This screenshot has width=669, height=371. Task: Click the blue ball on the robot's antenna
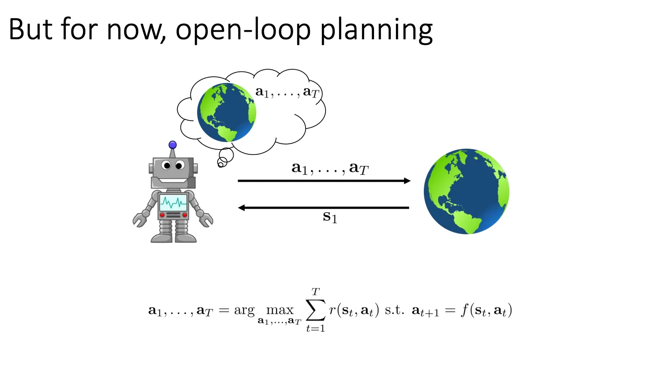point(172,145)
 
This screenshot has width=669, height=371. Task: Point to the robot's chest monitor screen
point(173,203)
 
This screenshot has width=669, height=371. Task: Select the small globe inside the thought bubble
point(226,112)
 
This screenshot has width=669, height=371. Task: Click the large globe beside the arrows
point(467,191)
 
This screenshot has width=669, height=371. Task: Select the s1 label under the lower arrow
point(330,217)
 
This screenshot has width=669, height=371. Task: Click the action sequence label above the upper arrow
point(329,168)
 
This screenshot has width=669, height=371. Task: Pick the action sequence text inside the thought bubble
point(287,92)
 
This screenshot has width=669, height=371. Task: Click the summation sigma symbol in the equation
point(316,310)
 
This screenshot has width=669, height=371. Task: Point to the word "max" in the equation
point(280,310)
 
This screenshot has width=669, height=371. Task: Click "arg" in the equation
point(244,311)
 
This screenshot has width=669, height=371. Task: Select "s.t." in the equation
point(394,310)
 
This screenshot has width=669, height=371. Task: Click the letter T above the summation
point(315,292)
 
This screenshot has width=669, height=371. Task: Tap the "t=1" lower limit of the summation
point(315,329)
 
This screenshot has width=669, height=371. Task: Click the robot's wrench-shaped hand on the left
point(140,219)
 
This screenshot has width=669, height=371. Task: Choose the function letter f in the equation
point(464,310)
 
